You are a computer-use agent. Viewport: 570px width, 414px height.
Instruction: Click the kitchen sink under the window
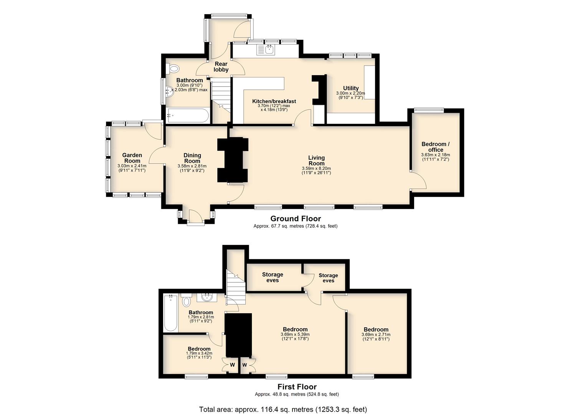click(x=266, y=49)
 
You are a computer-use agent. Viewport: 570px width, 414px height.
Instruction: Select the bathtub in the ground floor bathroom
click(x=188, y=116)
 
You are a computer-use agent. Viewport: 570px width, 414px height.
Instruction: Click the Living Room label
click(x=316, y=161)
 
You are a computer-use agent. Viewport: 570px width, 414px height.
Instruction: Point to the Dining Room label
click(x=192, y=158)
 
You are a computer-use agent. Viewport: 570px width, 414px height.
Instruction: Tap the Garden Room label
click(x=132, y=158)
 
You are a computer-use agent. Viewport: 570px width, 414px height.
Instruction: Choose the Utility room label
click(x=351, y=88)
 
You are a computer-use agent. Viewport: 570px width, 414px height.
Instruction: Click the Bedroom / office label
click(x=435, y=147)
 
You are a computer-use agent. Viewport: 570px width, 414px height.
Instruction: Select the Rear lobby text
click(x=221, y=67)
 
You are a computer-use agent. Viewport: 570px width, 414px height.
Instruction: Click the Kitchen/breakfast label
click(x=274, y=101)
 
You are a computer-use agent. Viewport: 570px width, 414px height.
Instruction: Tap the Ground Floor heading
click(x=296, y=219)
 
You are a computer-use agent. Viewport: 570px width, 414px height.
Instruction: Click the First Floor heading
click(x=297, y=387)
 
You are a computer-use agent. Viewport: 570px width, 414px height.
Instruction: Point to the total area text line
click(x=283, y=409)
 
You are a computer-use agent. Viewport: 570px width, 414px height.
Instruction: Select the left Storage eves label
click(x=273, y=277)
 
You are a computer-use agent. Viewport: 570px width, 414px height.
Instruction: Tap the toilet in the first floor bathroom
click(x=187, y=300)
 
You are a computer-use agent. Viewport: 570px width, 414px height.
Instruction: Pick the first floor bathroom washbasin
click(x=207, y=297)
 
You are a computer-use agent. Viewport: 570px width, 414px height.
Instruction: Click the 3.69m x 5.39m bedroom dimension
click(x=295, y=334)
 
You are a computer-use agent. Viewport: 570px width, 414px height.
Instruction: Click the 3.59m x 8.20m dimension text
click(x=316, y=168)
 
